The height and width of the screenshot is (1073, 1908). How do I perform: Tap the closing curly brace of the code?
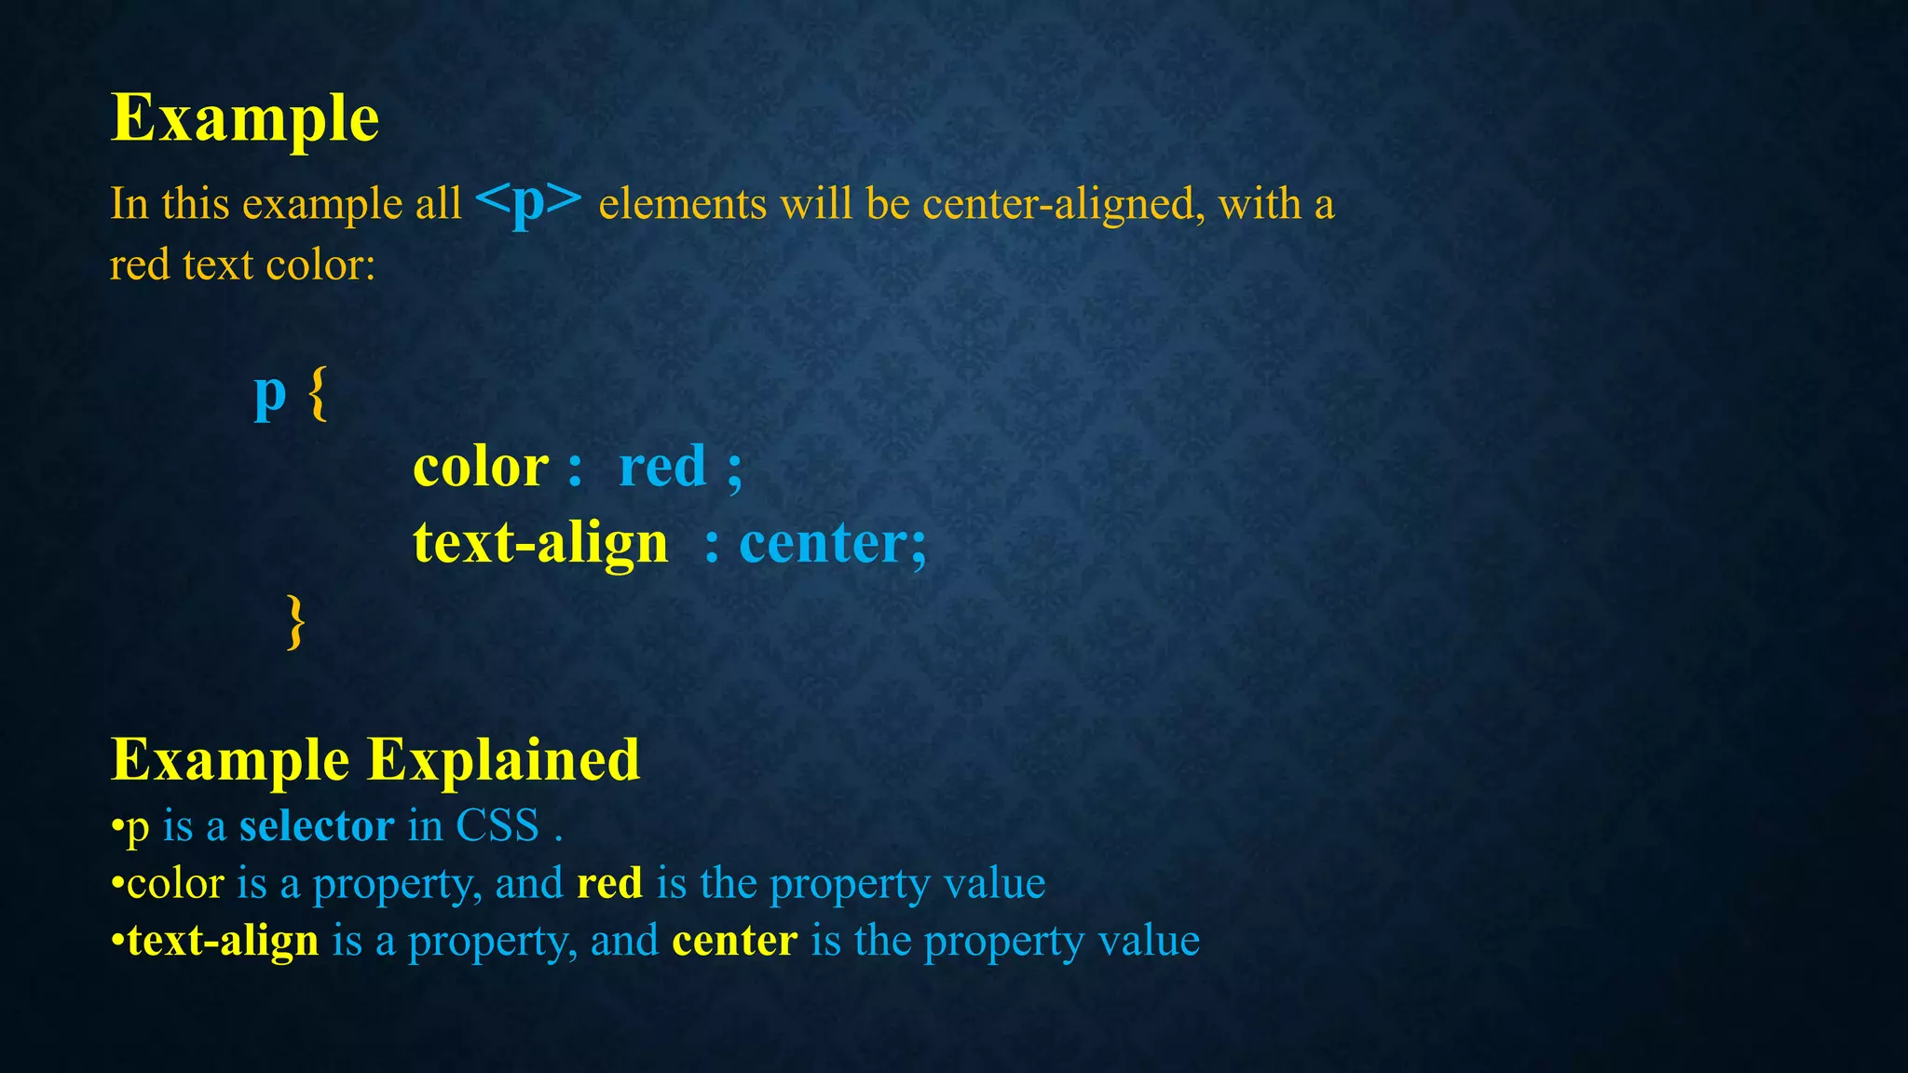(295, 621)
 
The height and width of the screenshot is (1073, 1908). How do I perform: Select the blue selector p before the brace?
(269, 395)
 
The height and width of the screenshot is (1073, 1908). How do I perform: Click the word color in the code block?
(481, 467)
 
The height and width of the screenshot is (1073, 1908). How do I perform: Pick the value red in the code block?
(662, 467)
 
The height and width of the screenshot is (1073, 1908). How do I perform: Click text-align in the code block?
(540, 543)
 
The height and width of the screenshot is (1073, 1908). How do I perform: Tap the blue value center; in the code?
(832, 543)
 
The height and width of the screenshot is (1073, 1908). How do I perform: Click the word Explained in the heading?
(503, 761)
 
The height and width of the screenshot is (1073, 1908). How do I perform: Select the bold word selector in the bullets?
(317, 826)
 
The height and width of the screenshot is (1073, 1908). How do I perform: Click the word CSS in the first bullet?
(497, 826)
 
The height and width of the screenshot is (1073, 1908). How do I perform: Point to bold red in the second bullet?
(609, 883)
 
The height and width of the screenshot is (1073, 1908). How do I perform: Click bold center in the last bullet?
(734, 941)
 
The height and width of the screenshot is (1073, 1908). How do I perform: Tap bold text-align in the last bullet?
(224, 941)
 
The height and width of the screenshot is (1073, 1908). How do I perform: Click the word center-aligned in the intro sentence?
(1058, 204)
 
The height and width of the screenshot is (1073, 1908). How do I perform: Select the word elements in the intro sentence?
(682, 204)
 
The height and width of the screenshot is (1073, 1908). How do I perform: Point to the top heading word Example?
(245, 119)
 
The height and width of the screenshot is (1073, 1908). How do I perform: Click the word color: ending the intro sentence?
(320, 265)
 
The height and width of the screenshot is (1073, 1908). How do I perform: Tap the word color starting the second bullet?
(175, 883)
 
